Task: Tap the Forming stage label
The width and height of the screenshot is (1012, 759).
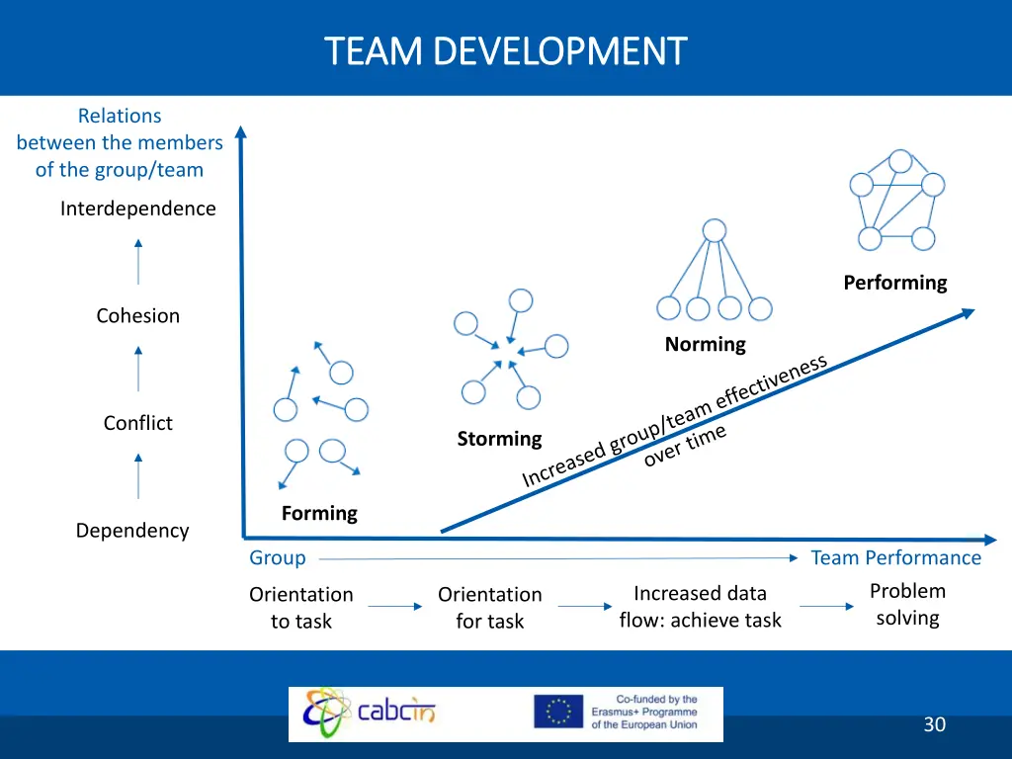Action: coord(319,513)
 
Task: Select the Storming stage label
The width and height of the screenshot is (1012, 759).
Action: coord(499,439)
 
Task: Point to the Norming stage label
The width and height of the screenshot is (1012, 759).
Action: coord(705,344)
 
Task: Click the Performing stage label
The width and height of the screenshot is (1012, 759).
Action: coord(894,283)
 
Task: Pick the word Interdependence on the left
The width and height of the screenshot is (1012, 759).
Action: coord(137,209)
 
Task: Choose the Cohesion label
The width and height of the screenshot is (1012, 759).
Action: coord(137,316)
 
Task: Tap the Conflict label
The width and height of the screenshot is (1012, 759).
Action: coord(137,423)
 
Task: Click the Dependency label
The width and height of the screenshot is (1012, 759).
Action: coord(132,531)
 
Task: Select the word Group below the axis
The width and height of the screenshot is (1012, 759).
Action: coord(278,558)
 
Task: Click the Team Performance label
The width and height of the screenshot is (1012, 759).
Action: coord(895,558)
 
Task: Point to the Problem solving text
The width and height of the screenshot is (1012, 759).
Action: coord(907,605)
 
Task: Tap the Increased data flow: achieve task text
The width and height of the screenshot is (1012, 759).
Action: coord(700,607)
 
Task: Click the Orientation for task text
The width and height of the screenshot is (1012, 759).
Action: coord(490,608)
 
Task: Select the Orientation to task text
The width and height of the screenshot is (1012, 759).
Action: coord(300,608)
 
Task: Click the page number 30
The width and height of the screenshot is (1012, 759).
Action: coord(934,724)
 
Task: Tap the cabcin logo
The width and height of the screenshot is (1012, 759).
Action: coord(372,712)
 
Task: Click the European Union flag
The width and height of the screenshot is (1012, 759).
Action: coord(558,712)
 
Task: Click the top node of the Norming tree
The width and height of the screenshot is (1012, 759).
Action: coord(714,230)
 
